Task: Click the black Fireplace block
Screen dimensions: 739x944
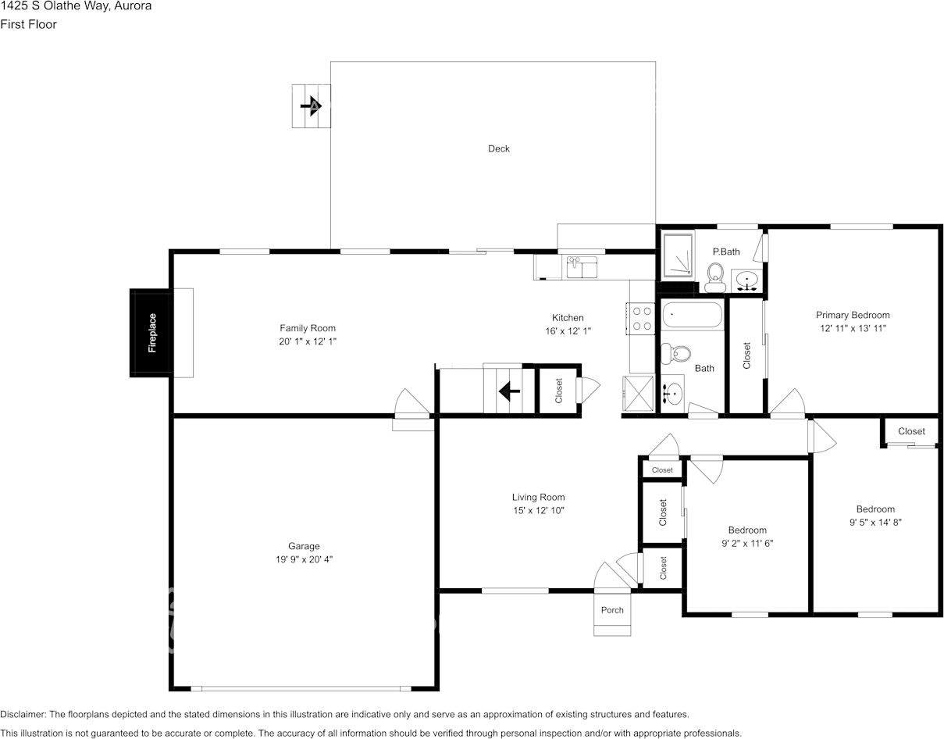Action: click(x=150, y=333)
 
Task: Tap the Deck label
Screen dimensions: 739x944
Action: click(x=498, y=148)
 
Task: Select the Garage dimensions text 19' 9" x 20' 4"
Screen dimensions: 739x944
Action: click(x=304, y=559)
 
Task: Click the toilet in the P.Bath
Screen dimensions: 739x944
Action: click(x=714, y=277)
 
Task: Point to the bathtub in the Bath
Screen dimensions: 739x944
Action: click(x=692, y=316)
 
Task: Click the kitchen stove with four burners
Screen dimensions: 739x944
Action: click(x=642, y=318)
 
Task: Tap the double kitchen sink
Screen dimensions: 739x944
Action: click(x=582, y=266)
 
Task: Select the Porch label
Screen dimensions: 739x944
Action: click(x=612, y=610)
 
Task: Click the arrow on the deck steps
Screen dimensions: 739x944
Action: click(x=312, y=105)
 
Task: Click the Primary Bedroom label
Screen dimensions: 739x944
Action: click(x=853, y=316)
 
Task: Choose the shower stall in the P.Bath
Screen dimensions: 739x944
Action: click(x=678, y=255)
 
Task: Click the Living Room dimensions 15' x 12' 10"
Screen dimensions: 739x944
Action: click(x=538, y=510)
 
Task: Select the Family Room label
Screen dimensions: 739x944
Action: click(x=308, y=328)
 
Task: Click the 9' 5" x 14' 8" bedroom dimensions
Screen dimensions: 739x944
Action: click(x=875, y=523)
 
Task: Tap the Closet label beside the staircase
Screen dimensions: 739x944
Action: click(x=559, y=391)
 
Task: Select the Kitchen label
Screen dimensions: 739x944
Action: click(x=568, y=318)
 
